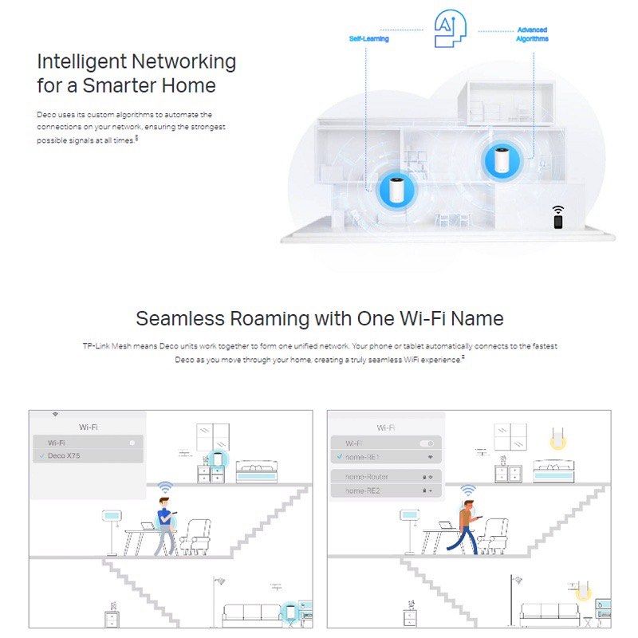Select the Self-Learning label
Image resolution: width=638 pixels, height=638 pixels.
(368, 38)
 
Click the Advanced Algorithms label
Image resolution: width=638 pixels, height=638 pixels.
(531, 33)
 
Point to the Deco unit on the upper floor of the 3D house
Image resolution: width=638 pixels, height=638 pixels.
(502, 159)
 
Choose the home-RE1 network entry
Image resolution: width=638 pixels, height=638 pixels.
(364, 457)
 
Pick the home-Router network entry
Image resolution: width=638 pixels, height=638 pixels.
(367, 476)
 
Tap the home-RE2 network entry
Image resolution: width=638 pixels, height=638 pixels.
(364, 490)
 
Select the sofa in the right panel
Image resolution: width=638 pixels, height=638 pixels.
(550, 612)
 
